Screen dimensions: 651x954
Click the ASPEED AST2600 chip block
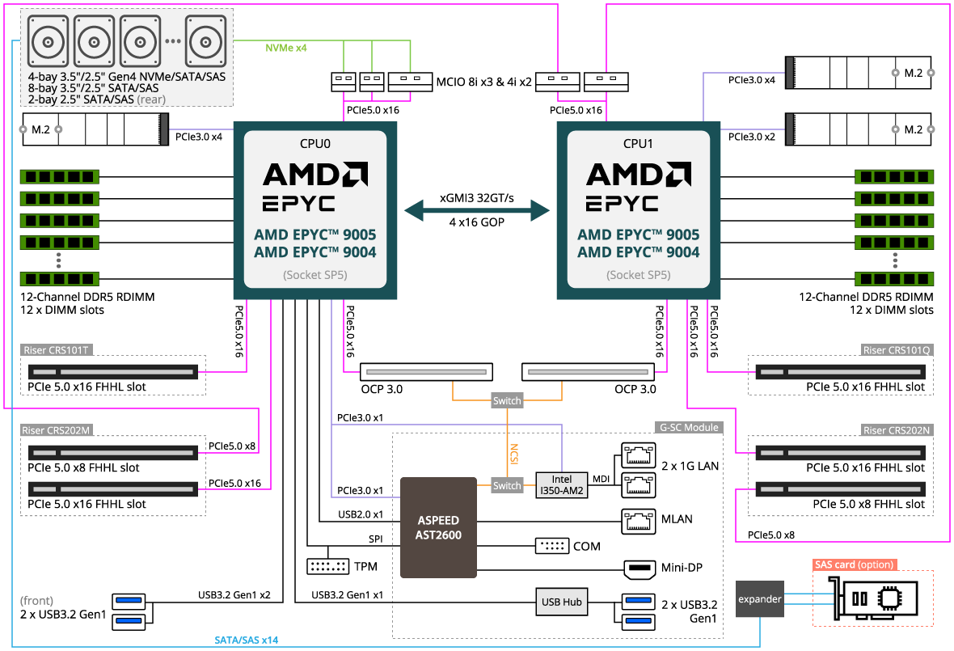pyautogui.click(x=439, y=527)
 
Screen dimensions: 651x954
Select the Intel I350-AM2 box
pyautogui.click(x=561, y=485)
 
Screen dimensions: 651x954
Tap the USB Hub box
pyautogui.click(x=561, y=602)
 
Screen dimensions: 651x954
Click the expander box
pyautogui.click(x=760, y=599)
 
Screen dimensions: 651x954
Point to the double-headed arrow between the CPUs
pyautogui.click(x=477, y=211)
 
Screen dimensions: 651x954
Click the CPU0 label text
pyautogui.click(x=315, y=144)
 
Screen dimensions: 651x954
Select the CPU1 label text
pyautogui.click(x=639, y=144)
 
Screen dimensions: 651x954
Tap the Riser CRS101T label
pyautogui.click(x=57, y=350)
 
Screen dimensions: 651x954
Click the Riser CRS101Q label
pyautogui.click(x=897, y=350)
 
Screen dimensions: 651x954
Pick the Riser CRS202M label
pyautogui.click(x=57, y=430)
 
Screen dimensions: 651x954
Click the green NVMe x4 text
pyautogui.click(x=286, y=49)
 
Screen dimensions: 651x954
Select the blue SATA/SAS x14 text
pyautogui.click(x=247, y=640)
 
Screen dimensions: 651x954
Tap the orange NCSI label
pyautogui.click(x=513, y=453)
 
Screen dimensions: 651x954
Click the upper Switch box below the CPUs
pyautogui.click(x=507, y=400)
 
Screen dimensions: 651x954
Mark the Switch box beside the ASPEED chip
pyautogui.click(x=507, y=485)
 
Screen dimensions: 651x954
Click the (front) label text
pyautogui.click(x=37, y=601)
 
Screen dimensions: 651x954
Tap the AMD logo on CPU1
pyautogui.click(x=639, y=174)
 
